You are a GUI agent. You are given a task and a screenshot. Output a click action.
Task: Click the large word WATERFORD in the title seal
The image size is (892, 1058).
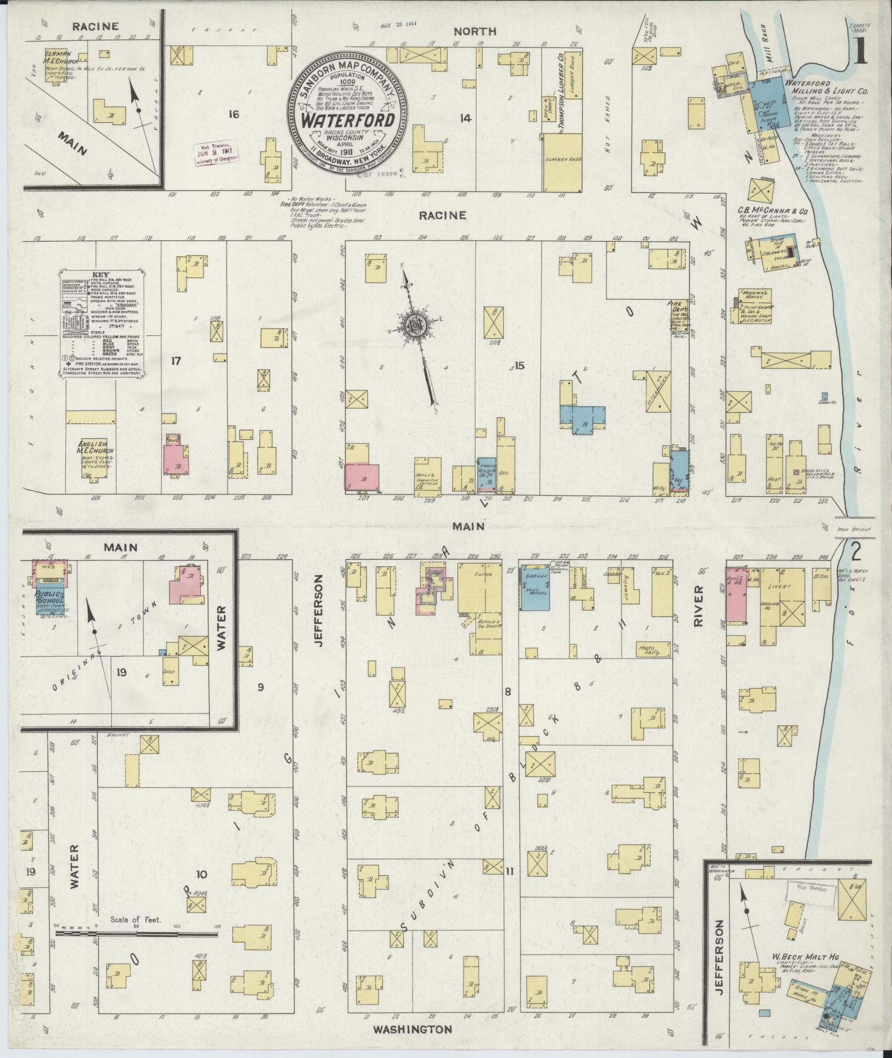tap(347, 121)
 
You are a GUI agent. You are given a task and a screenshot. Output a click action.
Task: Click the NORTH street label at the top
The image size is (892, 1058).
tap(476, 32)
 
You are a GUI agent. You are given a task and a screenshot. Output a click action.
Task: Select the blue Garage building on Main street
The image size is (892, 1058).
tap(536, 588)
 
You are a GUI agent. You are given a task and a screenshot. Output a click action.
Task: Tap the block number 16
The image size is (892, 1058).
tap(233, 114)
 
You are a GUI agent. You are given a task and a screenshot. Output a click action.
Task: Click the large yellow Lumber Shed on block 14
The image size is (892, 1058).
tap(561, 162)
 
